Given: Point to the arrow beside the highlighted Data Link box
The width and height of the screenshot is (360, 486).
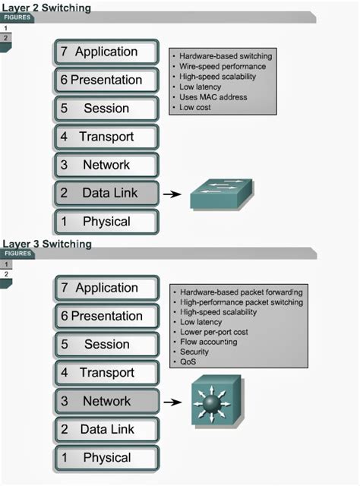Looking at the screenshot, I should [172, 194].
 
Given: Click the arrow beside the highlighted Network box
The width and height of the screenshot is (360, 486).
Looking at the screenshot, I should [172, 402].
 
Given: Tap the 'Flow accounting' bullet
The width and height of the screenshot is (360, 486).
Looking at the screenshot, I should [208, 342].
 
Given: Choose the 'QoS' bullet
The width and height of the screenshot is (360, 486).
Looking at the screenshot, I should [188, 362].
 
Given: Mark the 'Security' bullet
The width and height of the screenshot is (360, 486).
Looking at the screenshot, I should [194, 352].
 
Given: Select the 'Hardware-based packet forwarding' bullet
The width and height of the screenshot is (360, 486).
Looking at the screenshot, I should [242, 292].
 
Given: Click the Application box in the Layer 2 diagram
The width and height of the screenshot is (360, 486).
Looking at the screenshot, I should [106, 52].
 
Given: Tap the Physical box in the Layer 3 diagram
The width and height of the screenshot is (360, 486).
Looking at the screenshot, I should [106, 458].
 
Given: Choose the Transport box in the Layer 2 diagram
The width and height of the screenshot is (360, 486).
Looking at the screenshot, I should [106, 137].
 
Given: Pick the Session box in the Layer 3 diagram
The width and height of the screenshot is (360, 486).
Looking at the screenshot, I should [106, 345].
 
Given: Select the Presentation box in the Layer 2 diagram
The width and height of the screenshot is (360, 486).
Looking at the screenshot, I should [106, 80].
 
